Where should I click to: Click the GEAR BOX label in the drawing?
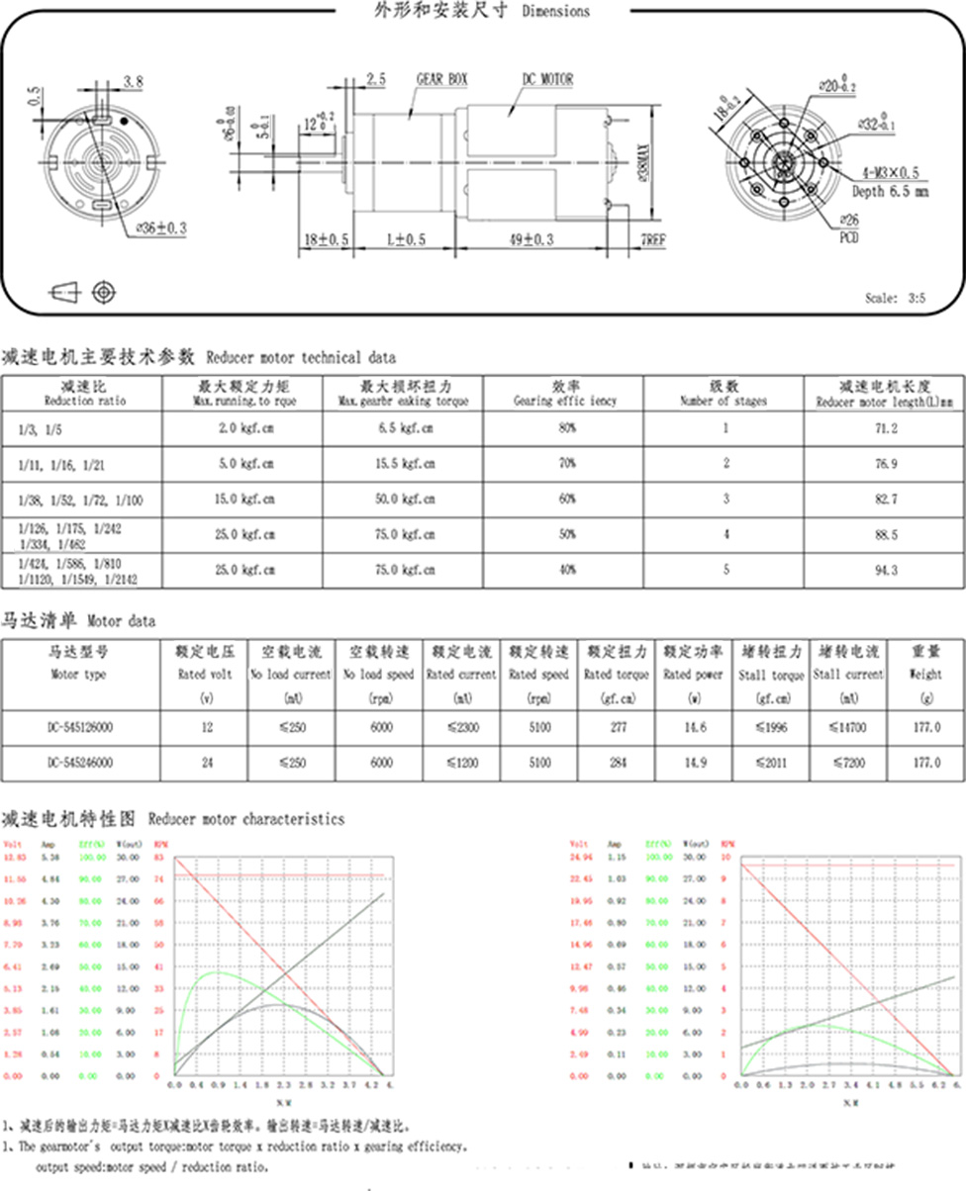point(441,78)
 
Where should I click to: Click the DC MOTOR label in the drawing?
point(547,78)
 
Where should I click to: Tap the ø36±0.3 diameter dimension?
point(160,228)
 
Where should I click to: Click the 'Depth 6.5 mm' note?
point(891,191)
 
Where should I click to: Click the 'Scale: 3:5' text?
point(894,298)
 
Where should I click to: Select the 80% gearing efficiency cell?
point(565,428)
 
